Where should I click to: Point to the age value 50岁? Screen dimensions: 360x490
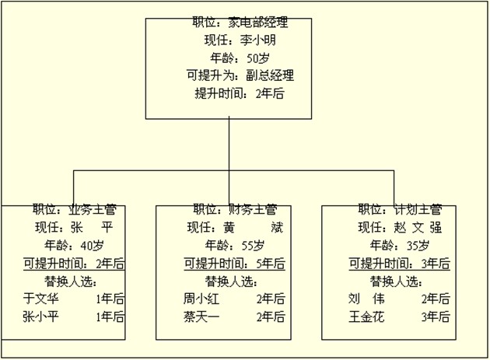point(258,58)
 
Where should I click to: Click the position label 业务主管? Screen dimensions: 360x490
point(93,209)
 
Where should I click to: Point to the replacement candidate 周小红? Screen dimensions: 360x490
point(201,298)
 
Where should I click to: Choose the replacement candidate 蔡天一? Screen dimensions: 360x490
point(201,316)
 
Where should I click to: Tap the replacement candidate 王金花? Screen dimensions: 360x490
point(368,316)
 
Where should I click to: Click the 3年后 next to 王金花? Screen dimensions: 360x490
point(435,316)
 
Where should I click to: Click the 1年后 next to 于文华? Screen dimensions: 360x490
point(110,298)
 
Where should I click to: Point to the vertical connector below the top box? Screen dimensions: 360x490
point(229,144)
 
